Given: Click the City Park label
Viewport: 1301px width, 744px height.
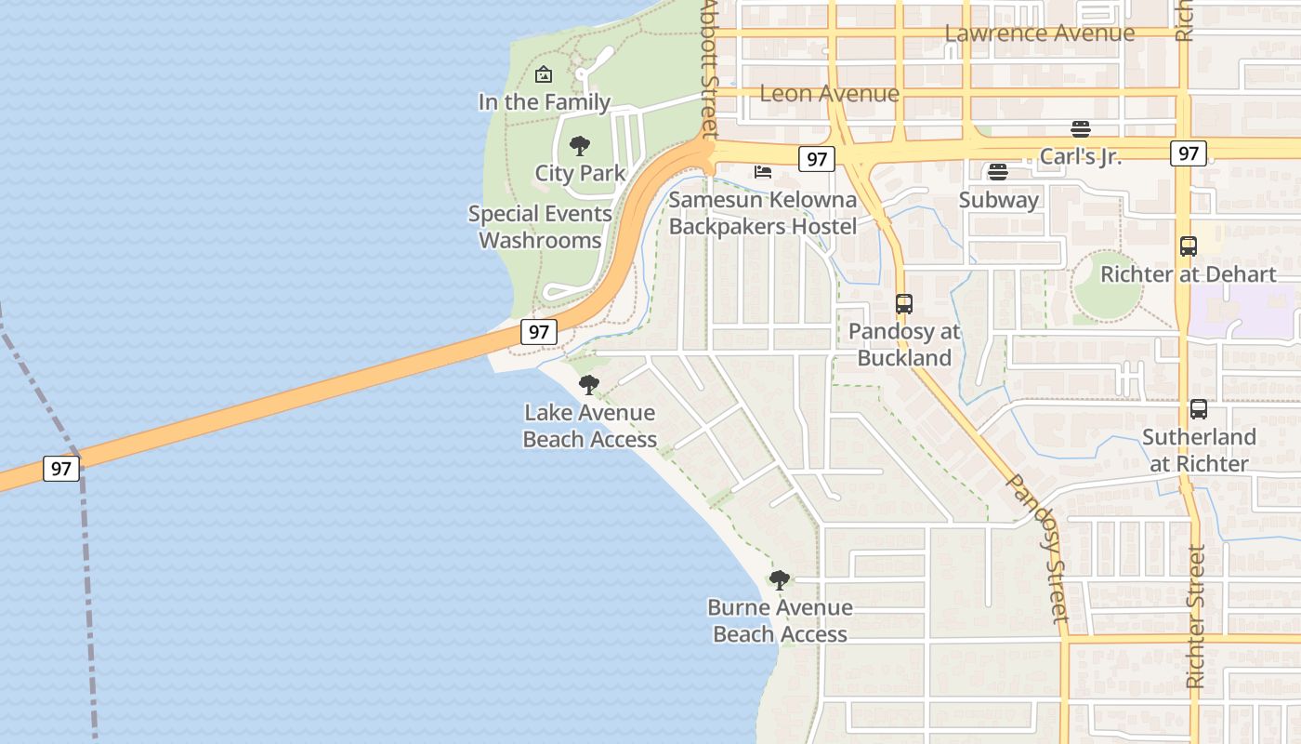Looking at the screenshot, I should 580,173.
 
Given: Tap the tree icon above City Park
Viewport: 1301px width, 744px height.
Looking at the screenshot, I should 580,145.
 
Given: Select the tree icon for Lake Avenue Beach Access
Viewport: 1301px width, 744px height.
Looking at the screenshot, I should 589,384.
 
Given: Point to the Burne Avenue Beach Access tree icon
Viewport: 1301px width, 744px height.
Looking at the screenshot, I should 780,580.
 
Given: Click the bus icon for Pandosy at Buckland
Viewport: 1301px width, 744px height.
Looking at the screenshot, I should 903,303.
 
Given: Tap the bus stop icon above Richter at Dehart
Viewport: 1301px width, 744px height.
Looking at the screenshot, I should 1188,246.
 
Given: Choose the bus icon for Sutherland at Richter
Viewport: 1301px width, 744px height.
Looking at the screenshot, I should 1199,409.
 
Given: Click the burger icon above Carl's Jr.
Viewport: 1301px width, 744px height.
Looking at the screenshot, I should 1080,128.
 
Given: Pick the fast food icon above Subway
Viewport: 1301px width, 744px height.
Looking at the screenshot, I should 998,171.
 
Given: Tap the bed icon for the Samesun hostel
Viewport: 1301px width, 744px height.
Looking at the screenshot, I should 763,172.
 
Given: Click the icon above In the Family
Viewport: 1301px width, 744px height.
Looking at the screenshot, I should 544,74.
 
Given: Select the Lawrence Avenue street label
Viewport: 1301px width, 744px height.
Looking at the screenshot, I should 1039,33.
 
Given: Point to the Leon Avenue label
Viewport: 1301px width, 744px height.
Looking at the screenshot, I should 829,94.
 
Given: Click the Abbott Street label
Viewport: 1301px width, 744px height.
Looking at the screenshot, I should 710,65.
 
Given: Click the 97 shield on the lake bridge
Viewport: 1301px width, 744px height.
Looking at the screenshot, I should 61,468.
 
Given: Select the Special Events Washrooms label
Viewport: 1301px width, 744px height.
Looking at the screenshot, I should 540,227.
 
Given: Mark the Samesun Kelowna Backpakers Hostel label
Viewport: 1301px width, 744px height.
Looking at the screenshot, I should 763,213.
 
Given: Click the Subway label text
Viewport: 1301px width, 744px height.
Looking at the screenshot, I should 998,200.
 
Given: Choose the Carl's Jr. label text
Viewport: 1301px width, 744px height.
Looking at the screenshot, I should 1080,156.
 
